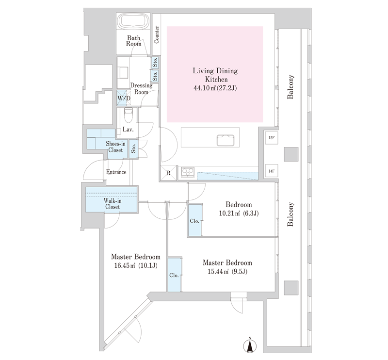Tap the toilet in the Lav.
(128, 115)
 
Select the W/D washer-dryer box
(124, 98)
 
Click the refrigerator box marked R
(168, 173)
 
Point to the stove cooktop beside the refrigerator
(188, 172)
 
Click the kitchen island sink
(226, 140)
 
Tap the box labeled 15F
(272, 137)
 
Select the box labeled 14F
(272, 171)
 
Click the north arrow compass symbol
(250, 345)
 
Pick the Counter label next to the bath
(156, 34)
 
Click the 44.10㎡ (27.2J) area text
(215, 88)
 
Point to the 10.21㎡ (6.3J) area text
(239, 213)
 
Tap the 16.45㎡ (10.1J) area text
(136, 266)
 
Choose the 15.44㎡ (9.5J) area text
(227, 272)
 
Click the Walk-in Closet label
(113, 203)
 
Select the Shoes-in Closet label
(115, 147)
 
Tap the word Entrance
(116, 172)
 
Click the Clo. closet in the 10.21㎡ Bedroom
(194, 220)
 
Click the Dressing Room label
(141, 89)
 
